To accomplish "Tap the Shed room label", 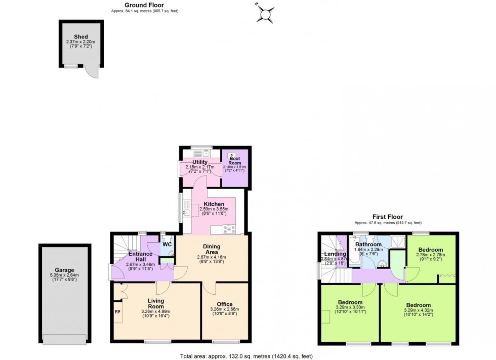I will click(x=81, y=37).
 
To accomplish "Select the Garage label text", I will click(x=64, y=271).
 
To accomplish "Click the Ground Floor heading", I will click(x=144, y=5).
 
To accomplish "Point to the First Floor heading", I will click(x=388, y=217).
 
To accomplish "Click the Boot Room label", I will click(x=234, y=161).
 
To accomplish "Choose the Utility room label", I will click(x=200, y=162).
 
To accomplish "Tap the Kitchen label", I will click(x=214, y=204).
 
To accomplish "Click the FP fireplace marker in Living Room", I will click(x=117, y=312).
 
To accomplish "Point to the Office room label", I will click(x=224, y=304).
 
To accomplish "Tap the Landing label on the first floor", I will click(x=335, y=254).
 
